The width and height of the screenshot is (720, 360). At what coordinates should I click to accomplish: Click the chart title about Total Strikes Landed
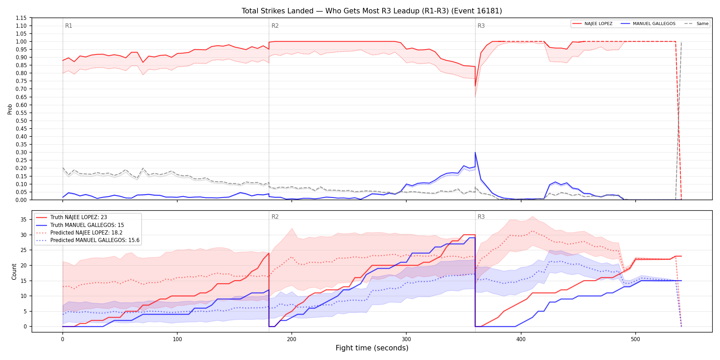(372, 11)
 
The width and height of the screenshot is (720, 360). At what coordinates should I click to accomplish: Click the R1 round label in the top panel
(69, 26)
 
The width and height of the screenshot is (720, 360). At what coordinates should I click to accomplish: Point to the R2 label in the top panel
(275, 26)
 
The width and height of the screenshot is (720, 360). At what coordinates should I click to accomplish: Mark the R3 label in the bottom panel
(481, 217)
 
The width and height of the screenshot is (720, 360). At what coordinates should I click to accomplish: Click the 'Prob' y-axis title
(10, 109)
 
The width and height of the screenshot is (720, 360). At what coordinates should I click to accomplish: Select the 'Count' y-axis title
(14, 272)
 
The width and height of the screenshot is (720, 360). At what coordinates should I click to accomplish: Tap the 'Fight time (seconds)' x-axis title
(372, 348)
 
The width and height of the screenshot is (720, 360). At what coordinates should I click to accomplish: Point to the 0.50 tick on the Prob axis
(21, 121)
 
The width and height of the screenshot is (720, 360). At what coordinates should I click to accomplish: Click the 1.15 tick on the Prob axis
(21, 18)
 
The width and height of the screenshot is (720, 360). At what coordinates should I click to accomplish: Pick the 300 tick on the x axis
(406, 339)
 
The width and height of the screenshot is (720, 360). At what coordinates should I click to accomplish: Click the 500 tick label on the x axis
(635, 339)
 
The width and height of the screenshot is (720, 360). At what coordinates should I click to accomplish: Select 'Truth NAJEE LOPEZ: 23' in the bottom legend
(79, 217)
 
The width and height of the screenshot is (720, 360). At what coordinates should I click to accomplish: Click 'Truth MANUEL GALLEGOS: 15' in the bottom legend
(87, 225)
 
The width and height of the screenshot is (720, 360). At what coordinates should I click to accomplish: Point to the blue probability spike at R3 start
(475, 153)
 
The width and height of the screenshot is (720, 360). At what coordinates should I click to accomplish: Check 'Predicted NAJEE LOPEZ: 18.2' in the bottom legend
(86, 233)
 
